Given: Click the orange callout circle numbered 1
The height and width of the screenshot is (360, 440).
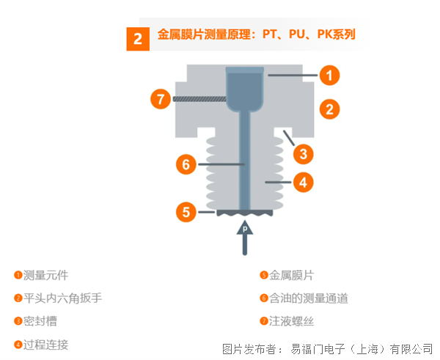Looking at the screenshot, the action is point(330,76).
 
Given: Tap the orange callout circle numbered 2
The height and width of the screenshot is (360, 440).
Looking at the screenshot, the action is point(330,109).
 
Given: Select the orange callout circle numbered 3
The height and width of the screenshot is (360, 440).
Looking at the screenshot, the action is point(304,154).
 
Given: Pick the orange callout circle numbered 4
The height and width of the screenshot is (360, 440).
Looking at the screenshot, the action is point(304,183).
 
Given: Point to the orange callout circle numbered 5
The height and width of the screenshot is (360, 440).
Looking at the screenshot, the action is point(186,212).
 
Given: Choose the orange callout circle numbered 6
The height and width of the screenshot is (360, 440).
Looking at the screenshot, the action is point(186,164).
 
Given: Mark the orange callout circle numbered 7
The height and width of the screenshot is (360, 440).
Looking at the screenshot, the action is point(161,99).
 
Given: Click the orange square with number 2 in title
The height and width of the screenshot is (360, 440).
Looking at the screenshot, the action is point(138,39).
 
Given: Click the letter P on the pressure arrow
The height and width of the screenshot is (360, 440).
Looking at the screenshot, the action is point(245,229).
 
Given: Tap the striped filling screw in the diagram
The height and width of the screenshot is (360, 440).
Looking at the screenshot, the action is point(199,99).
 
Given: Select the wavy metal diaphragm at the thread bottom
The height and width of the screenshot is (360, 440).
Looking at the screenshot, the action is point(245,213).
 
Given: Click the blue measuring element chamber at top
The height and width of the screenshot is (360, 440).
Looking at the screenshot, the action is point(245,89).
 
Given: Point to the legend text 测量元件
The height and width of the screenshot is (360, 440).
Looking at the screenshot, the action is point(45,275).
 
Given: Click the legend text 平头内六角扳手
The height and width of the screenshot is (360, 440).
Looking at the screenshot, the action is point(62,298).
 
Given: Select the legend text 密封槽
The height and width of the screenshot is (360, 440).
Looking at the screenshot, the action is point(40,321).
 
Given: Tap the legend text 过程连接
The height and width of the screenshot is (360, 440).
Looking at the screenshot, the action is point(45,345).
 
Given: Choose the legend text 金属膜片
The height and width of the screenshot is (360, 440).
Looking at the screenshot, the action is point(292,275).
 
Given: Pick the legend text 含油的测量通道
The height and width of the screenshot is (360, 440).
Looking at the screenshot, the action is point(309,298).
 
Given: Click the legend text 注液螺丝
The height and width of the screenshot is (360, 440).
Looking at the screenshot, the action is point(292,321).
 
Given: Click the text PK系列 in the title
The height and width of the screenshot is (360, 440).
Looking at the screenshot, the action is point(336,34).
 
